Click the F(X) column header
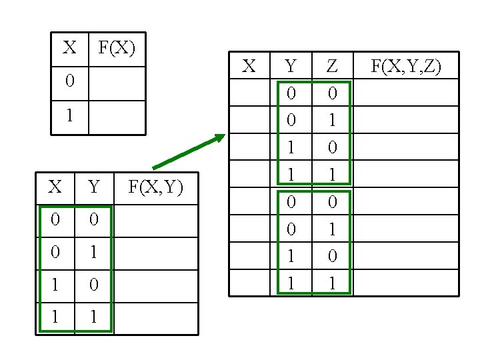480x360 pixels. point(117,48)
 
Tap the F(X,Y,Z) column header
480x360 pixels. point(405,65)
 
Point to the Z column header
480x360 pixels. point(331,65)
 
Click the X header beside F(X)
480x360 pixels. point(69,48)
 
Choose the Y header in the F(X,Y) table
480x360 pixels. point(93,187)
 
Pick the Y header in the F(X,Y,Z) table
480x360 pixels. point(291,65)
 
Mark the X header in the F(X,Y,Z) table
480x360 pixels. point(249,65)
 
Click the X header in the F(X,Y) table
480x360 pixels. point(55,187)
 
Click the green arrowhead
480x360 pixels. point(219,139)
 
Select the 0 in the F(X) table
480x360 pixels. point(70,82)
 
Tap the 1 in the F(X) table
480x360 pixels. point(70,116)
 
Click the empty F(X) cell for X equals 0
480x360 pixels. point(117,83)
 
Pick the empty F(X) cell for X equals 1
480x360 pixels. point(117,117)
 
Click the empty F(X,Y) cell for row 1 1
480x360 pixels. point(155,318)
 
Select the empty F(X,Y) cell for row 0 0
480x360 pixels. point(155,221)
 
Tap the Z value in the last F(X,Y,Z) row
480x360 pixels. point(331,283)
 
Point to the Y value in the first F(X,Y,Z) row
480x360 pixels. point(291,93)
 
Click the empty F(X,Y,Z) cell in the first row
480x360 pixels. point(405,93)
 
